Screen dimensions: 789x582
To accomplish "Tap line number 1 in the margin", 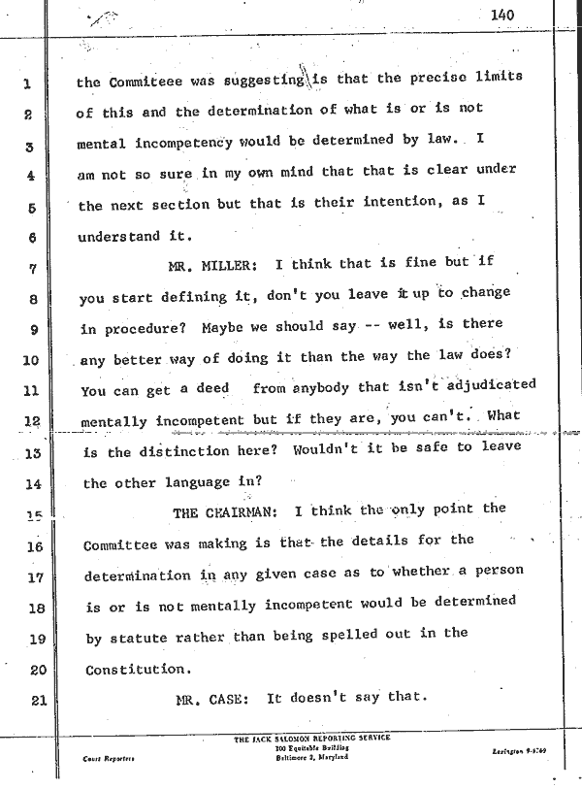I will [x=29, y=82].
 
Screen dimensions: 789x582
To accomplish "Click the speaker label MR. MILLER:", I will [x=217, y=263].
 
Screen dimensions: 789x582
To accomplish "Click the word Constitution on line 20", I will [x=135, y=669].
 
